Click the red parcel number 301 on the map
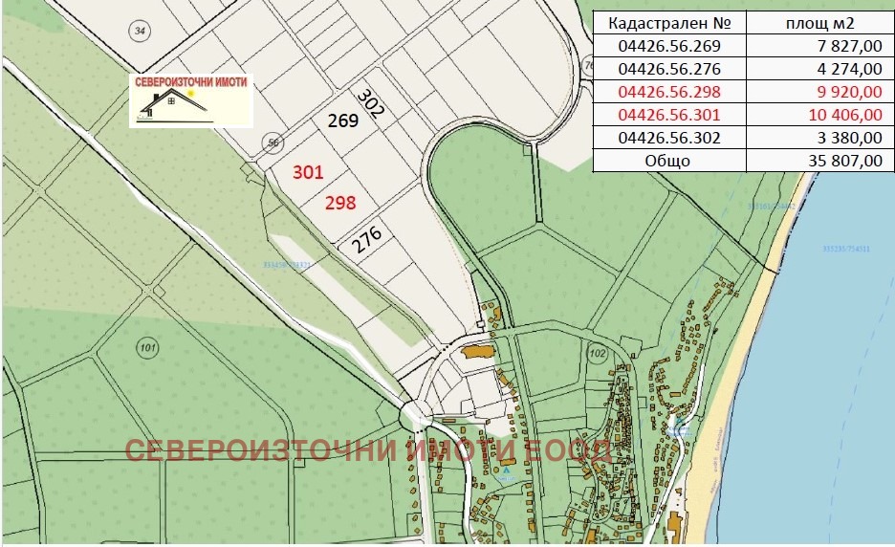pyautogui.click(x=308, y=172)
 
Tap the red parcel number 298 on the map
pyautogui.click(x=340, y=203)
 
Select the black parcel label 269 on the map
pyautogui.click(x=342, y=120)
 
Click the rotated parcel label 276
pyautogui.click(x=366, y=240)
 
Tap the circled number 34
pyautogui.click(x=141, y=32)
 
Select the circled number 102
pyautogui.click(x=599, y=354)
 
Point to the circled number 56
pyautogui.click(x=273, y=143)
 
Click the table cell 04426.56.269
pyautogui.click(x=668, y=46)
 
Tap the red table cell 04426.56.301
pyautogui.click(x=668, y=115)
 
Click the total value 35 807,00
pyautogui.click(x=841, y=161)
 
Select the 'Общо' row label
pyautogui.click(x=668, y=161)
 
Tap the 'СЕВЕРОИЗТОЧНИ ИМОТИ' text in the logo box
pyautogui.click(x=191, y=82)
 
